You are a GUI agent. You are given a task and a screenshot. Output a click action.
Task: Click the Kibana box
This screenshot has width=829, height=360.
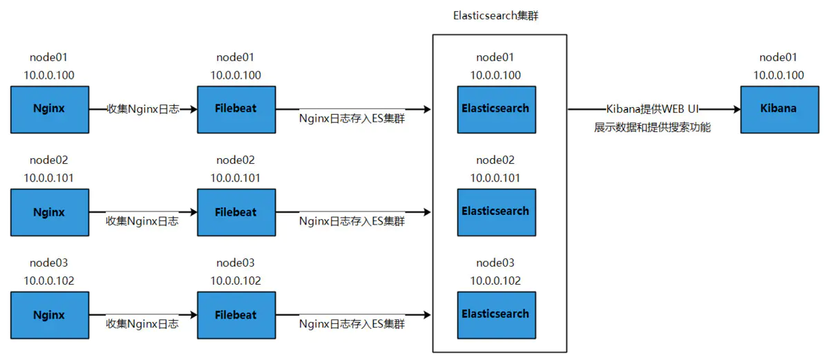[x=779, y=109]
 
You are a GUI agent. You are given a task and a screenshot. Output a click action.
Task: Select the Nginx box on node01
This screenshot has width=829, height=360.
[x=49, y=109]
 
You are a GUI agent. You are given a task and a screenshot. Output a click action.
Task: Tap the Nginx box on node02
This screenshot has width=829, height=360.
[x=49, y=212]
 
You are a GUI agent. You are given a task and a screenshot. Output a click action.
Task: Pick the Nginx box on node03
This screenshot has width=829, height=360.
[x=49, y=314]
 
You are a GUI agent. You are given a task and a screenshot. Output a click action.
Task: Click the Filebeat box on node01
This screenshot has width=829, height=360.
[x=236, y=109]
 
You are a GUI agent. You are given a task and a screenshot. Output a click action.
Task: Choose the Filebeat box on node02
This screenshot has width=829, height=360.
[x=236, y=212]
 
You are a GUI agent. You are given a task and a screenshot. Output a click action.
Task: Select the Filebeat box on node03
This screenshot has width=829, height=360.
[x=236, y=314]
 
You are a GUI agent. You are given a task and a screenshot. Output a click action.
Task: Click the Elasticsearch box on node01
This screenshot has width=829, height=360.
[x=495, y=109]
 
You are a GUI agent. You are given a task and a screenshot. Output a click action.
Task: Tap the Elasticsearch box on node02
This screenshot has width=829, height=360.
[x=495, y=211]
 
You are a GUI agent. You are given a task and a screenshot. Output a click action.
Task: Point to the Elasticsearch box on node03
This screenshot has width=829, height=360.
[x=495, y=314]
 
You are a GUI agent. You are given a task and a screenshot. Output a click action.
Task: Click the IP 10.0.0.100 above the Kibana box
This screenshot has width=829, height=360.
[x=779, y=75]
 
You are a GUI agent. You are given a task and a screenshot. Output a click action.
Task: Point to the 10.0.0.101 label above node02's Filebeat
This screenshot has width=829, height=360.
[x=236, y=178]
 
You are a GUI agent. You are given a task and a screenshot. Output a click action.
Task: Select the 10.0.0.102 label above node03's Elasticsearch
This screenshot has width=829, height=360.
[x=495, y=281]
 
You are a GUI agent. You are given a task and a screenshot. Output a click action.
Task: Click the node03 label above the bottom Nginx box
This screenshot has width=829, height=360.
[x=49, y=263]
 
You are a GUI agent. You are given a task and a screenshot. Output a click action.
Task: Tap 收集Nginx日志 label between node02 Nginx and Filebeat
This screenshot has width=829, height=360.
[x=142, y=221]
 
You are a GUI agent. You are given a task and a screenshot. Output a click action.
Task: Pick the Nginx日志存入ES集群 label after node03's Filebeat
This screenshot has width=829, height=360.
[x=352, y=323]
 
